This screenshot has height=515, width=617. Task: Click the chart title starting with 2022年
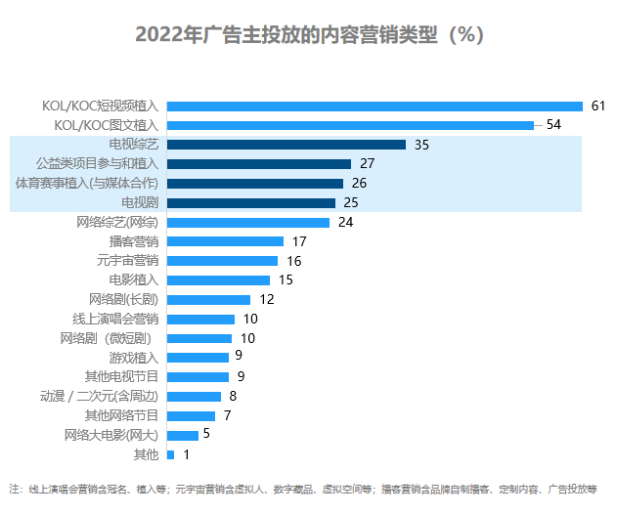click(309, 35)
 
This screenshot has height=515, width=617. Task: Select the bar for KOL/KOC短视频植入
click(375, 106)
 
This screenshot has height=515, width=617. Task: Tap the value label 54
click(552, 125)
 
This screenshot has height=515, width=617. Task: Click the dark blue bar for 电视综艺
click(286, 145)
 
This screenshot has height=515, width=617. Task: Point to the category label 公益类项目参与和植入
click(97, 164)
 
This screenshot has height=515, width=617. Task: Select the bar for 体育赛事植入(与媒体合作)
click(255, 183)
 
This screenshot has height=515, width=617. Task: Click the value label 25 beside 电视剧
click(351, 202)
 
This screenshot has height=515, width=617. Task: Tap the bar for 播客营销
click(225, 241)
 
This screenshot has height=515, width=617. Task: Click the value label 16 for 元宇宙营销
click(294, 261)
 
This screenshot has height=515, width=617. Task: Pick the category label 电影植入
click(134, 279)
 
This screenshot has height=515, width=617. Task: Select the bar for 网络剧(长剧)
click(208, 299)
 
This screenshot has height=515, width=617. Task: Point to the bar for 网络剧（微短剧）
click(199, 338)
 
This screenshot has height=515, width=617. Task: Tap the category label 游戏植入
click(134, 357)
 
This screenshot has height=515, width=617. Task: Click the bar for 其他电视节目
click(198, 376)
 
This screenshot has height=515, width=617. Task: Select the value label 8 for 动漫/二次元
click(233, 396)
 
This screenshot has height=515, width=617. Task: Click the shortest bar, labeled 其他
click(171, 454)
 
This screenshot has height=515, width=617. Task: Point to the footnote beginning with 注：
click(303, 489)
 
